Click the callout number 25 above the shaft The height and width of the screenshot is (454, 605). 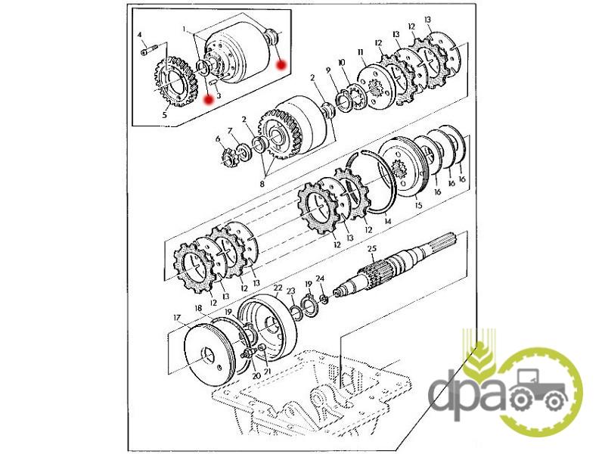[372, 249]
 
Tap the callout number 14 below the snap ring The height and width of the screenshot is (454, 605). [388, 221]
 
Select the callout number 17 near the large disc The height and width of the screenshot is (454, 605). [177, 318]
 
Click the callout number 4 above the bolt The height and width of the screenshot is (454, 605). [140, 35]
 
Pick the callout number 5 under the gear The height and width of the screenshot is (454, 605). [165, 115]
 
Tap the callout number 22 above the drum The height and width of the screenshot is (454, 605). [278, 288]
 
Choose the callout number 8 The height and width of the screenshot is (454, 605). [262, 184]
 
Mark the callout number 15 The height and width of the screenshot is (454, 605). [419, 205]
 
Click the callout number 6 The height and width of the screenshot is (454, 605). [218, 138]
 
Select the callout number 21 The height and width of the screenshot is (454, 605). [268, 372]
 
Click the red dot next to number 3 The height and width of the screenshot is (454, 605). [209, 100]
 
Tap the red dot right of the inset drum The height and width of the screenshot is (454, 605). [281, 65]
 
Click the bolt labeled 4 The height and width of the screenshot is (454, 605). [148, 50]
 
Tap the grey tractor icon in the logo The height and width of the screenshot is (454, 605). [535, 390]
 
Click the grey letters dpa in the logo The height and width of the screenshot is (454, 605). [467, 394]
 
